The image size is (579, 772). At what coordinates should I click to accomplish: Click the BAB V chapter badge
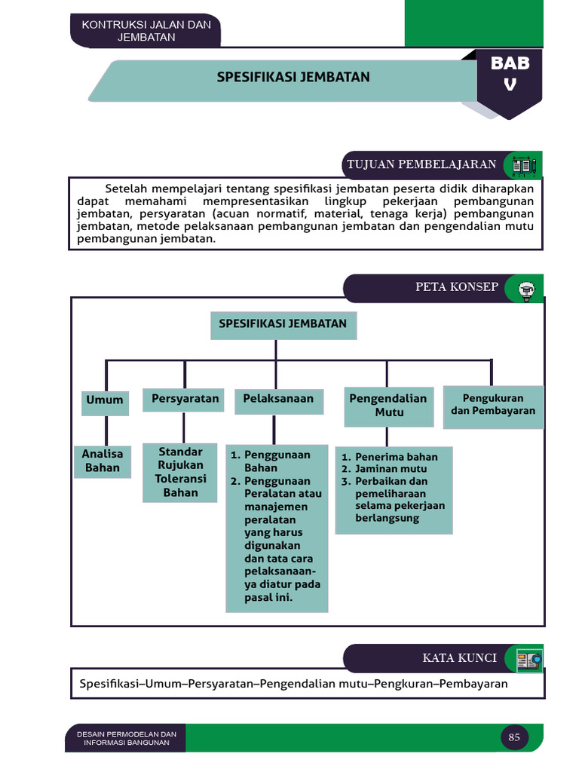pos(510,75)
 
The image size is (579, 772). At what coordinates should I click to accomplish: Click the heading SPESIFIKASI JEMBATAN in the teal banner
pos(293,78)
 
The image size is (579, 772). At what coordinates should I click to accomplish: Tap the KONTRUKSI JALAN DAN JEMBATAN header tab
pos(146,31)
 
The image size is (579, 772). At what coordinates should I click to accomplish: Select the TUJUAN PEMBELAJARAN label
pos(421,164)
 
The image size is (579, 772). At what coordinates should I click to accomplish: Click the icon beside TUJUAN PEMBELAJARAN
pos(523,164)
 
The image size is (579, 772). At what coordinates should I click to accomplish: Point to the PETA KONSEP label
pos(456,286)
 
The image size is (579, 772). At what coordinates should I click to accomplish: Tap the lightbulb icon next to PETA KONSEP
pos(525,288)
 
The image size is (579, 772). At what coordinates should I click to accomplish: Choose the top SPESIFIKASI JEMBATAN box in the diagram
pos(283,324)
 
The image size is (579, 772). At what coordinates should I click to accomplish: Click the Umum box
pos(105,400)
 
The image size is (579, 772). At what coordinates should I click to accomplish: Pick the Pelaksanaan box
pos(278,399)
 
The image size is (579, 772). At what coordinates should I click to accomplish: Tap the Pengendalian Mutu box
pos(388,405)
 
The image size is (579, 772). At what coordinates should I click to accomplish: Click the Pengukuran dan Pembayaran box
pos(493,405)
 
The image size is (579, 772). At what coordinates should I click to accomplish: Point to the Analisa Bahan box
pos(103,460)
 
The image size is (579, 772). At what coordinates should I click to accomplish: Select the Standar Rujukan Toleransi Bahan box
pos(180,472)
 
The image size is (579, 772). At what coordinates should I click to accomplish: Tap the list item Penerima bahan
pos(396,457)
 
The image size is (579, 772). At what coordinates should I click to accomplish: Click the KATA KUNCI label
pos(459,658)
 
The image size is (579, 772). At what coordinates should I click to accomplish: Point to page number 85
pos(514,737)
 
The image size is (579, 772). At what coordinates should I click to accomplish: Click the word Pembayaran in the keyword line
pos(473,684)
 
